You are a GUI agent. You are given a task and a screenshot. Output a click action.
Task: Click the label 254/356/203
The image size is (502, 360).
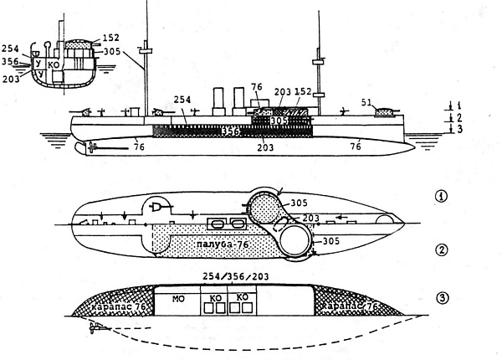[234, 276]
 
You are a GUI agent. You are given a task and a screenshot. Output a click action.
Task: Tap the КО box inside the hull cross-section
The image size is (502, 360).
[54, 64]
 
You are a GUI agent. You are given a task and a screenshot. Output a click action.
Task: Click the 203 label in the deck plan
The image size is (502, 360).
[288, 219]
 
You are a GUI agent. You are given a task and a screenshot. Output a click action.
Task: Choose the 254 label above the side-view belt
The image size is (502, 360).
[182, 100]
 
